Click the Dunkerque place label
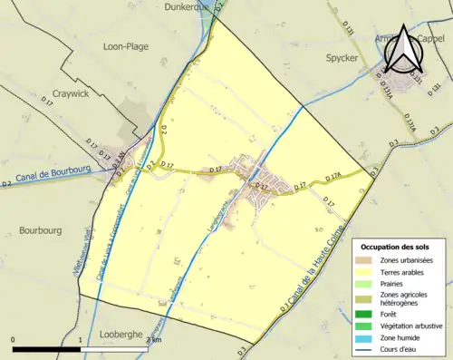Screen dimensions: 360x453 (x=188, y=6)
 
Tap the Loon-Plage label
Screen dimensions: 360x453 (x=126, y=45)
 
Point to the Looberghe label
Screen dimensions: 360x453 (x=120, y=334)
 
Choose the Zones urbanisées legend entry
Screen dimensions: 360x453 (x=404, y=261)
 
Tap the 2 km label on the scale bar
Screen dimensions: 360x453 (x=155, y=340)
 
